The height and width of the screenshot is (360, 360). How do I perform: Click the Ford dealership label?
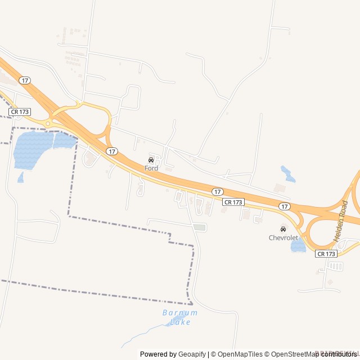point(151,168)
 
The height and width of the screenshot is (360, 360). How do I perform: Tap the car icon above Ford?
point(151,160)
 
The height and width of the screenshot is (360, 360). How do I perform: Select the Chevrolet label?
point(283,237)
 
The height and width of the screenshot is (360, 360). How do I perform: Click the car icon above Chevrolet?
point(283,229)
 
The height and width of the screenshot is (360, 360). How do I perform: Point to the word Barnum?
point(180,313)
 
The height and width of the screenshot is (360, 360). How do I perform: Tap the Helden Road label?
point(341,221)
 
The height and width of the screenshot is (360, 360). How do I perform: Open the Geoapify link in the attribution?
point(192,354)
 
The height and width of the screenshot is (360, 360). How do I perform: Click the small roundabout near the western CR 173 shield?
point(48,123)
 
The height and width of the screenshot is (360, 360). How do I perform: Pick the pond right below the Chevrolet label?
point(298,246)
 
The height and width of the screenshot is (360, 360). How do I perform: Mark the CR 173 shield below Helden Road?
point(326,254)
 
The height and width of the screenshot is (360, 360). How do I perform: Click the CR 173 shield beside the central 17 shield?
point(233,201)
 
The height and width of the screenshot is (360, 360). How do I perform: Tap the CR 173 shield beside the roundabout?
point(20,112)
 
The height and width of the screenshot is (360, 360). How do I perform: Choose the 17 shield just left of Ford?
point(112,151)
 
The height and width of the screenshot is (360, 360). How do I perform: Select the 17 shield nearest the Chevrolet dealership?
point(285,206)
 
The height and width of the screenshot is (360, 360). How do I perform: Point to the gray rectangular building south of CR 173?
point(199,227)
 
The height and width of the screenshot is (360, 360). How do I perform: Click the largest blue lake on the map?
point(33,149)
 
